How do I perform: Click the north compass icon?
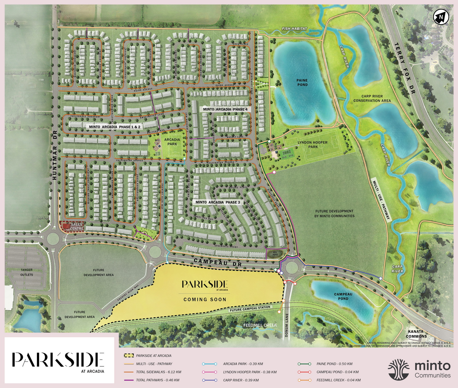tap(441, 17)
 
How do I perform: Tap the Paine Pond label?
tap(302, 83)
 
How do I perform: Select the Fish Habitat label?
tap(294, 29)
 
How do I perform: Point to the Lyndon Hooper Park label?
tap(313, 145)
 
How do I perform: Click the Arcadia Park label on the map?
tap(172, 142)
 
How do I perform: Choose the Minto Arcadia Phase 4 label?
tap(225, 109)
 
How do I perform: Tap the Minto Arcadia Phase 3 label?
tap(218, 202)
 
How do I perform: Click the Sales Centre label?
tap(77, 227)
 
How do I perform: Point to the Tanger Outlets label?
tap(27, 272)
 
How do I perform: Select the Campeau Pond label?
tap(343, 296)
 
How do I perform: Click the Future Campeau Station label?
tap(250, 309)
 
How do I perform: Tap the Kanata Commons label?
tap(416, 334)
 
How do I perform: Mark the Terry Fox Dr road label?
tap(405, 68)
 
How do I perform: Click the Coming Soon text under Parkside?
tap(205, 300)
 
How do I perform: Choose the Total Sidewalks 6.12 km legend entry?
tap(158, 372)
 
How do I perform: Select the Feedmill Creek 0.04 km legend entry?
tap(338, 380)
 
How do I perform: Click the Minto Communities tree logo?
tap(398, 370)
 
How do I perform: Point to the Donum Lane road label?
tap(287, 325)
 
